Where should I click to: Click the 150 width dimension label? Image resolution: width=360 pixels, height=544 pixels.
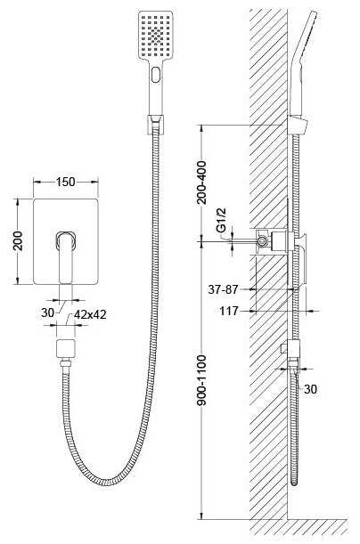(x=65, y=182)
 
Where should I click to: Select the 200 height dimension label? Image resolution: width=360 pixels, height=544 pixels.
(x=17, y=240)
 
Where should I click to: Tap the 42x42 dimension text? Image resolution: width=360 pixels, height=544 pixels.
(x=90, y=314)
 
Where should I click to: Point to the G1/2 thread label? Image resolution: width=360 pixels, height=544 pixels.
(x=221, y=220)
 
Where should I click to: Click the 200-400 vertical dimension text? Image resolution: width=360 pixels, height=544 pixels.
(x=201, y=183)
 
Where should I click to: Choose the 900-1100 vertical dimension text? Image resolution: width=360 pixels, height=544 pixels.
(x=201, y=380)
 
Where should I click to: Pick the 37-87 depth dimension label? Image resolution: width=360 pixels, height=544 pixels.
(x=223, y=289)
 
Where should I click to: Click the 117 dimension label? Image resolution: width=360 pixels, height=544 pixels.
(x=229, y=311)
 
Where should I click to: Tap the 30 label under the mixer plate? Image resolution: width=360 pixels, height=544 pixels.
(x=47, y=313)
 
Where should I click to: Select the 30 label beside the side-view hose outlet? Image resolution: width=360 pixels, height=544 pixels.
(x=310, y=389)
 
